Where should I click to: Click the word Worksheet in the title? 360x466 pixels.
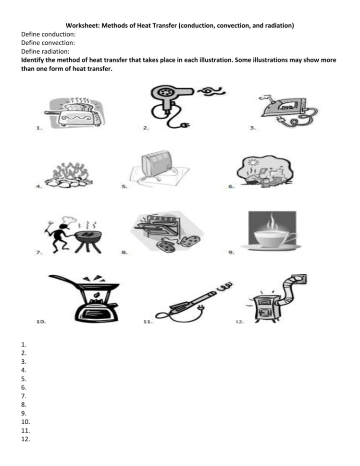point(82,25)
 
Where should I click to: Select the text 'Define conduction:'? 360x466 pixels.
point(49,35)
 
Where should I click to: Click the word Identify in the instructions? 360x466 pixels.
point(36,60)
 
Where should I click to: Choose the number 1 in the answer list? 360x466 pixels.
point(24,344)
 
